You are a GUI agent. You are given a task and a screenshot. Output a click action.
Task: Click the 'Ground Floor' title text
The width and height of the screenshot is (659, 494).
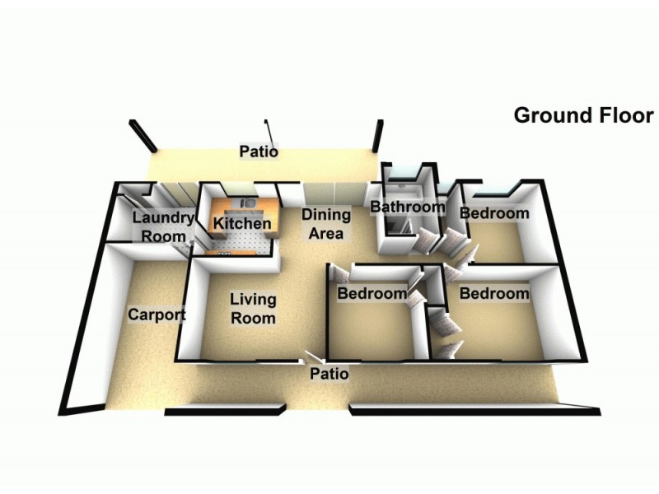tap(583, 115)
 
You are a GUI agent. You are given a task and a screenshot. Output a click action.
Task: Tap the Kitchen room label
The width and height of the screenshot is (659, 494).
tap(242, 223)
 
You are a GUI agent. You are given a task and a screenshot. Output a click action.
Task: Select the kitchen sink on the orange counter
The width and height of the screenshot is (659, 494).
tap(248, 203)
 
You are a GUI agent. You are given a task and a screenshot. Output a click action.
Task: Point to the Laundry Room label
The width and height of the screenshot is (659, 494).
tap(163, 227)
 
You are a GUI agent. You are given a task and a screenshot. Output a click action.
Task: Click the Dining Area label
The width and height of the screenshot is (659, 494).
tap(326, 224)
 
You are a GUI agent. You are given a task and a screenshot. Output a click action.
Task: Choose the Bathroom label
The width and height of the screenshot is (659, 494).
tap(407, 207)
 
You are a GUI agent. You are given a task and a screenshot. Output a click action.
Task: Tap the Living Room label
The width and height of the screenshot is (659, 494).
tap(253, 309)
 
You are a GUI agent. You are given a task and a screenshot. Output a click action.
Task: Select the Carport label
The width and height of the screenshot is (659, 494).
tap(157, 315)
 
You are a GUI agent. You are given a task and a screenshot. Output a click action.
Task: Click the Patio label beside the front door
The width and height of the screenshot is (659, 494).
tap(329, 374)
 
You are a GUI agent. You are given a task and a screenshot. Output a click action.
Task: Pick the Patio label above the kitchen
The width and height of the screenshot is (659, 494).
tap(259, 151)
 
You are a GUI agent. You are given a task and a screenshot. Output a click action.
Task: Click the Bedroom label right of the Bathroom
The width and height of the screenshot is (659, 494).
tap(494, 213)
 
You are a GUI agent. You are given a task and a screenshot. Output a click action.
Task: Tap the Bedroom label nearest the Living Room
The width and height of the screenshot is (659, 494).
tap(372, 293)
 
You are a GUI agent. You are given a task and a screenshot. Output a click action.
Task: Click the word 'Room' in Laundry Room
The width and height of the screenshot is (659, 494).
tap(163, 236)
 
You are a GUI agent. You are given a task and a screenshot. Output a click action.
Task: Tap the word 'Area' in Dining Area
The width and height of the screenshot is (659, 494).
tap(326, 233)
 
